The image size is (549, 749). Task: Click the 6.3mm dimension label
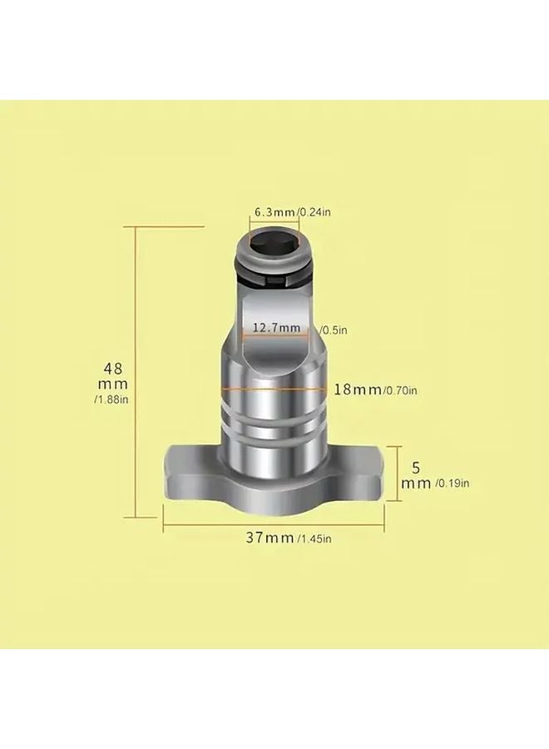[x=274, y=213]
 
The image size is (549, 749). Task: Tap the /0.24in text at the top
[x=315, y=213]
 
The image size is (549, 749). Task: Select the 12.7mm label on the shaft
[x=277, y=328]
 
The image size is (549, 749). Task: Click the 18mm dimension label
[x=357, y=389]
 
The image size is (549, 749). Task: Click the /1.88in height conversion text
[x=113, y=400]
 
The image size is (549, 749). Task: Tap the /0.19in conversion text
[x=453, y=483]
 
